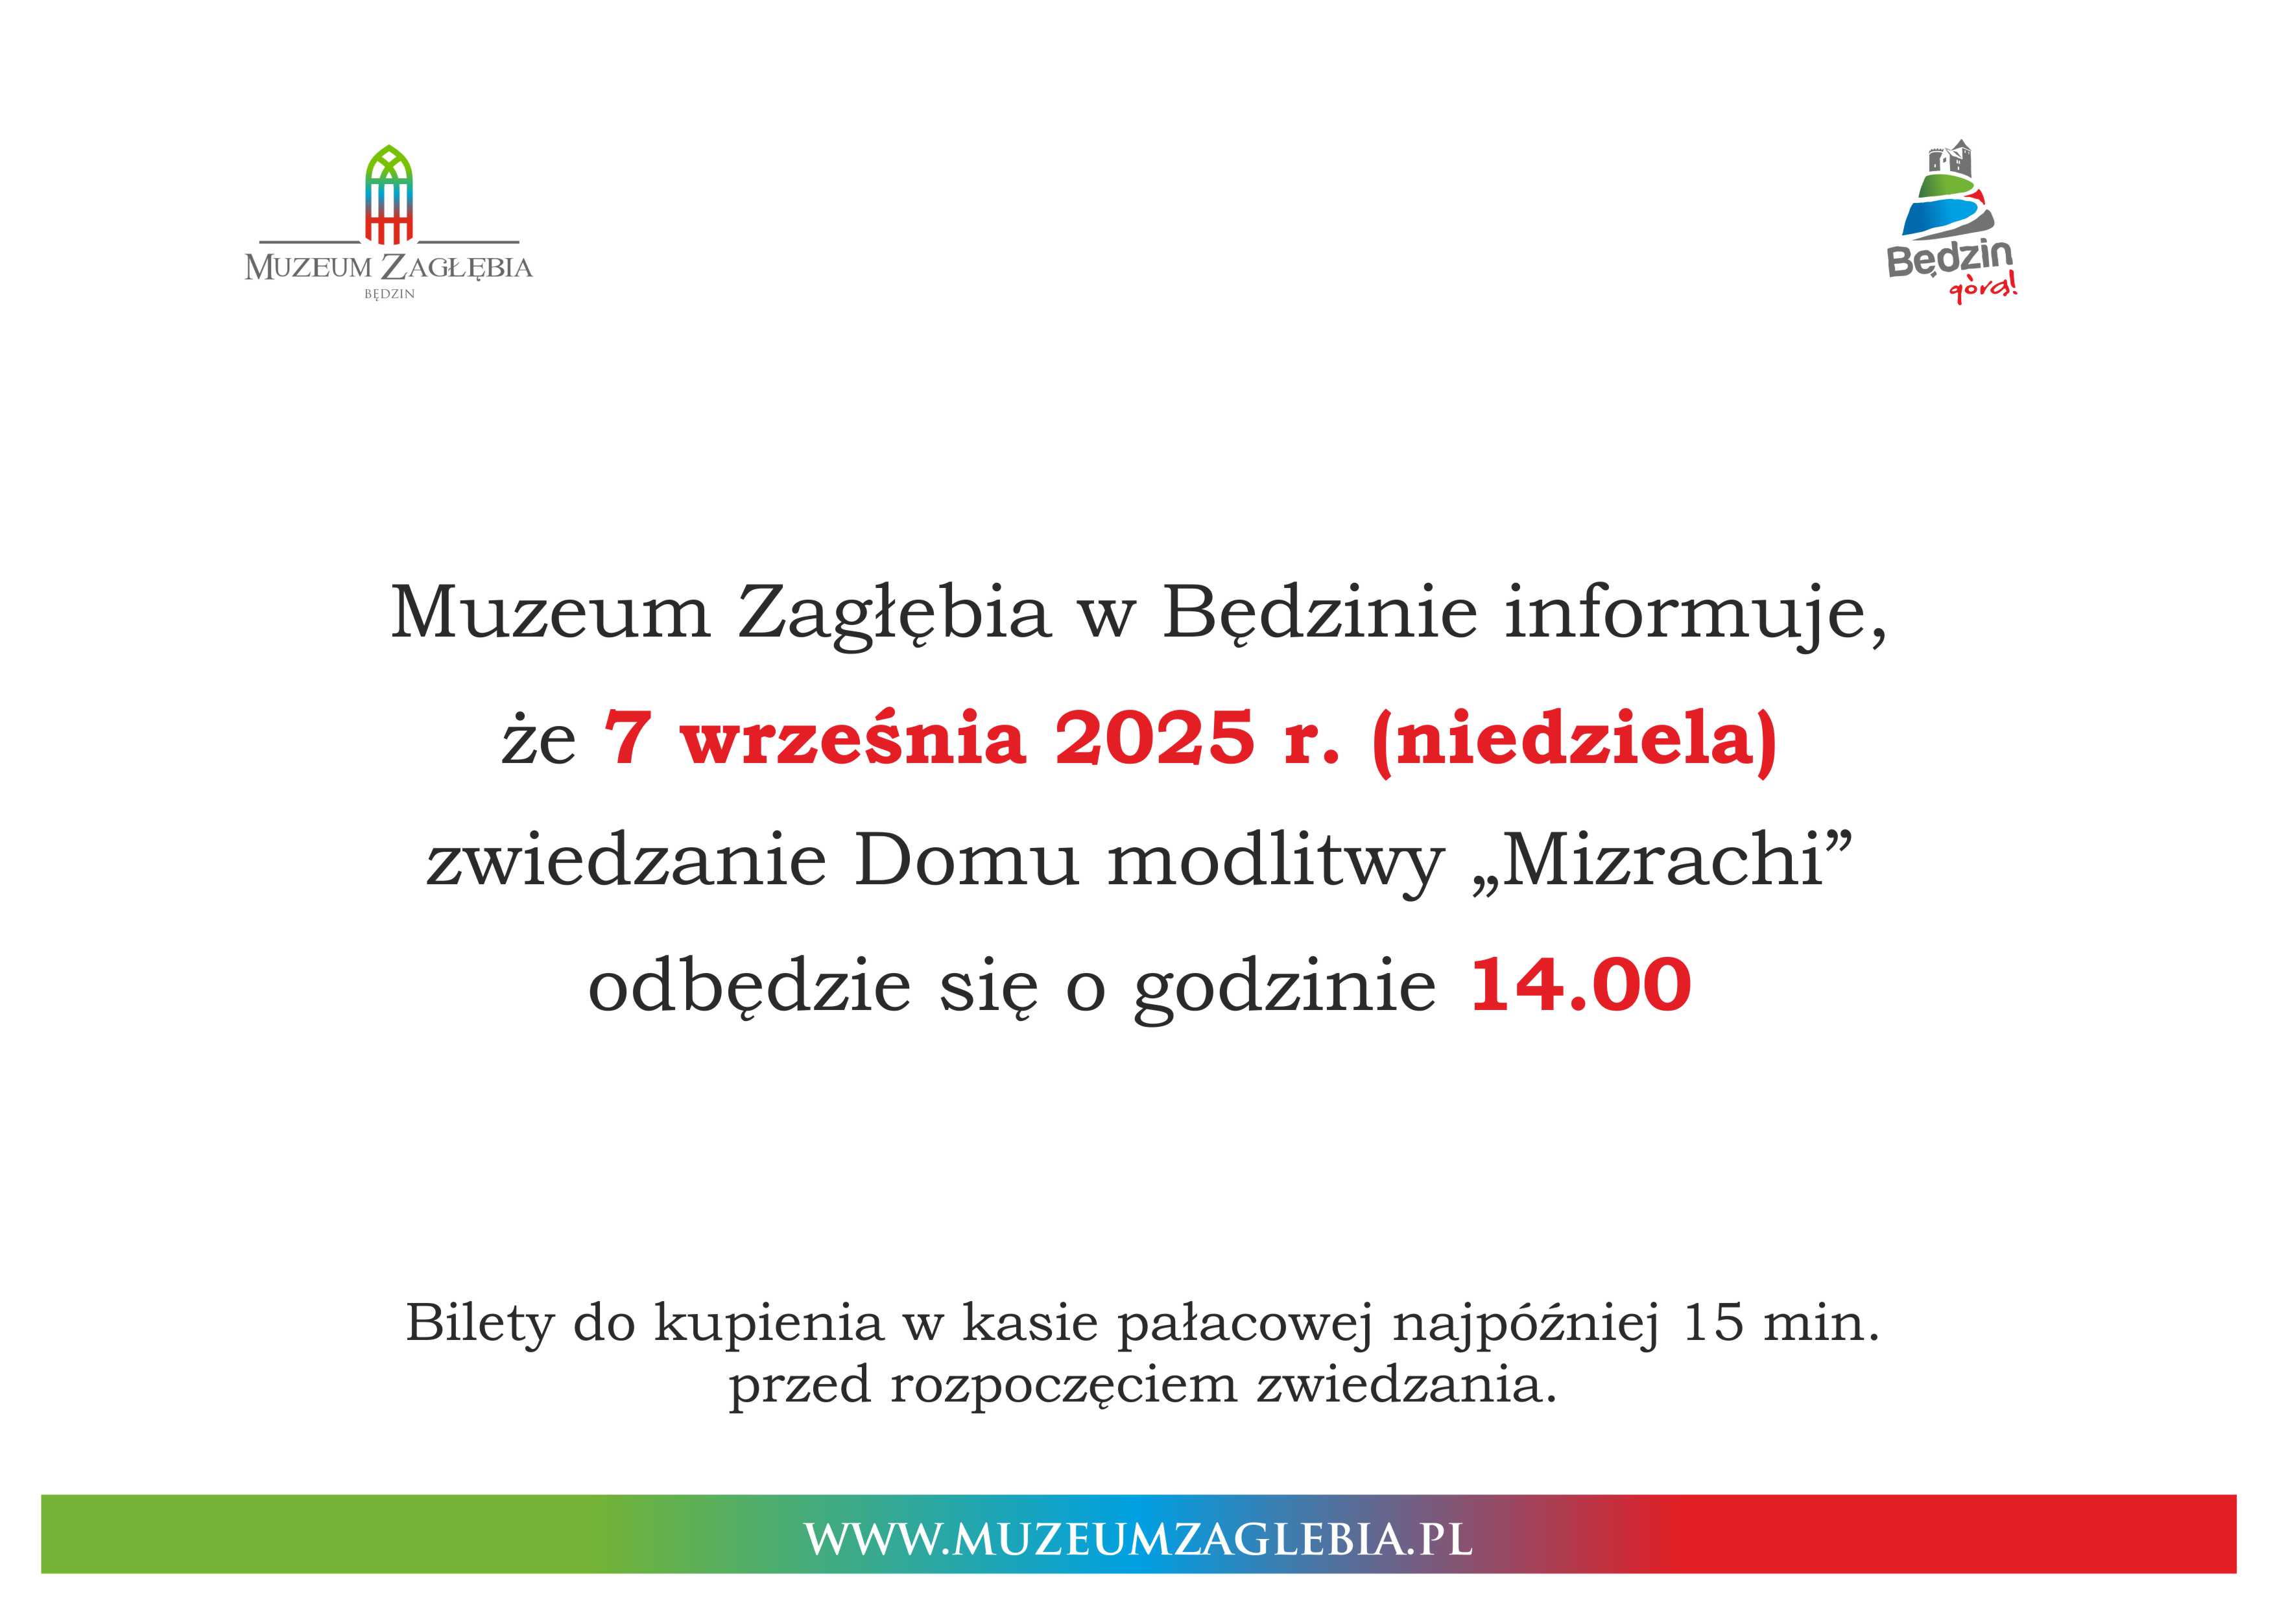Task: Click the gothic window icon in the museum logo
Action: [x=388, y=194]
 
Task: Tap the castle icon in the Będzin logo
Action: [x=1949, y=159]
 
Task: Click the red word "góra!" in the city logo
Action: [x=1983, y=288]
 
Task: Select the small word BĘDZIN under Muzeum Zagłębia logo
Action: [x=389, y=294]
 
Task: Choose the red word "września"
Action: [x=852, y=738]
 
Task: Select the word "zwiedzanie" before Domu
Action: [x=626, y=860]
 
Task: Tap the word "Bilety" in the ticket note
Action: [x=479, y=1322]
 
